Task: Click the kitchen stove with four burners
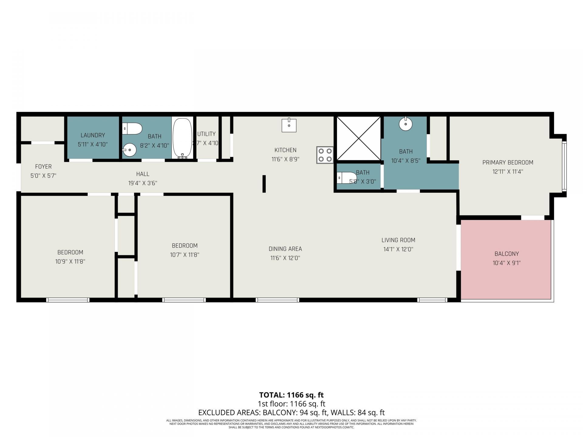point(325,155)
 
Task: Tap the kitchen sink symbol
point(289,125)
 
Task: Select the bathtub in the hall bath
point(182,138)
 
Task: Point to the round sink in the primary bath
point(405,124)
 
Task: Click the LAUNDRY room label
point(93,135)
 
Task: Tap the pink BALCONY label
point(506,254)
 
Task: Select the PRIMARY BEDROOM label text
point(507,162)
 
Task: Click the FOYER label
point(43,167)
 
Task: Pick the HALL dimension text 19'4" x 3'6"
point(142,183)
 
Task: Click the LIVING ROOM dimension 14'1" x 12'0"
point(398,249)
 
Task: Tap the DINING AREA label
point(285,249)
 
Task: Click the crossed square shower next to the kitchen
point(359,138)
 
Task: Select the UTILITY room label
point(206,134)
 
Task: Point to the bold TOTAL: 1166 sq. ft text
point(291,395)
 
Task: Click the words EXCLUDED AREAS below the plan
point(229,413)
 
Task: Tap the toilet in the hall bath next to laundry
point(132,128)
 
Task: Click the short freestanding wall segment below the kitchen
point(264,184)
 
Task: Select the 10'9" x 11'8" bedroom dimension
point(70,262)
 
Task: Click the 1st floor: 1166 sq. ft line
point(291,404)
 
